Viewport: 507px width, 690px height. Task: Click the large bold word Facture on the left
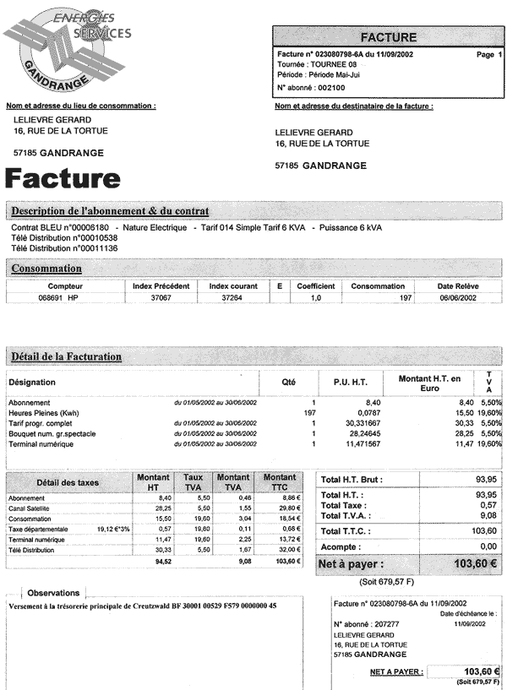(x=63, y=178)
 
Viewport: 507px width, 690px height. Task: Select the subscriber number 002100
(x=330, y=87)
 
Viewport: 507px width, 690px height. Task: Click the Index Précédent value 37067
(x=161, y=298)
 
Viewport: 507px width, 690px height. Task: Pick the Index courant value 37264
(x=232, y=298)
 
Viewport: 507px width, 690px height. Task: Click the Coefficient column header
(x=316, y=286)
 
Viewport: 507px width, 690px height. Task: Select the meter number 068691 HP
(x=59, y=298)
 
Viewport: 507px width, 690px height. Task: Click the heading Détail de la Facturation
(x=67, y=357)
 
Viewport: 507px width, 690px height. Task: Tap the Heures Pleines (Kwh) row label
(x=45, y=412)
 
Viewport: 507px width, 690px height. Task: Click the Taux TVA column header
(x=194, y=482)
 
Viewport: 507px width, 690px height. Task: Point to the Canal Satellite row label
(x=30, y=509)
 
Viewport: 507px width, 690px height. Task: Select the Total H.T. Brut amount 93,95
(x=482, y=480)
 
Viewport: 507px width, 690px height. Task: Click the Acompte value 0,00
(x=486, y=546)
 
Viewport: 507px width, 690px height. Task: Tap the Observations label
(x=54, y=593)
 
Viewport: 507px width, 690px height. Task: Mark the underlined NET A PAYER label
(x=396, y=672)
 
